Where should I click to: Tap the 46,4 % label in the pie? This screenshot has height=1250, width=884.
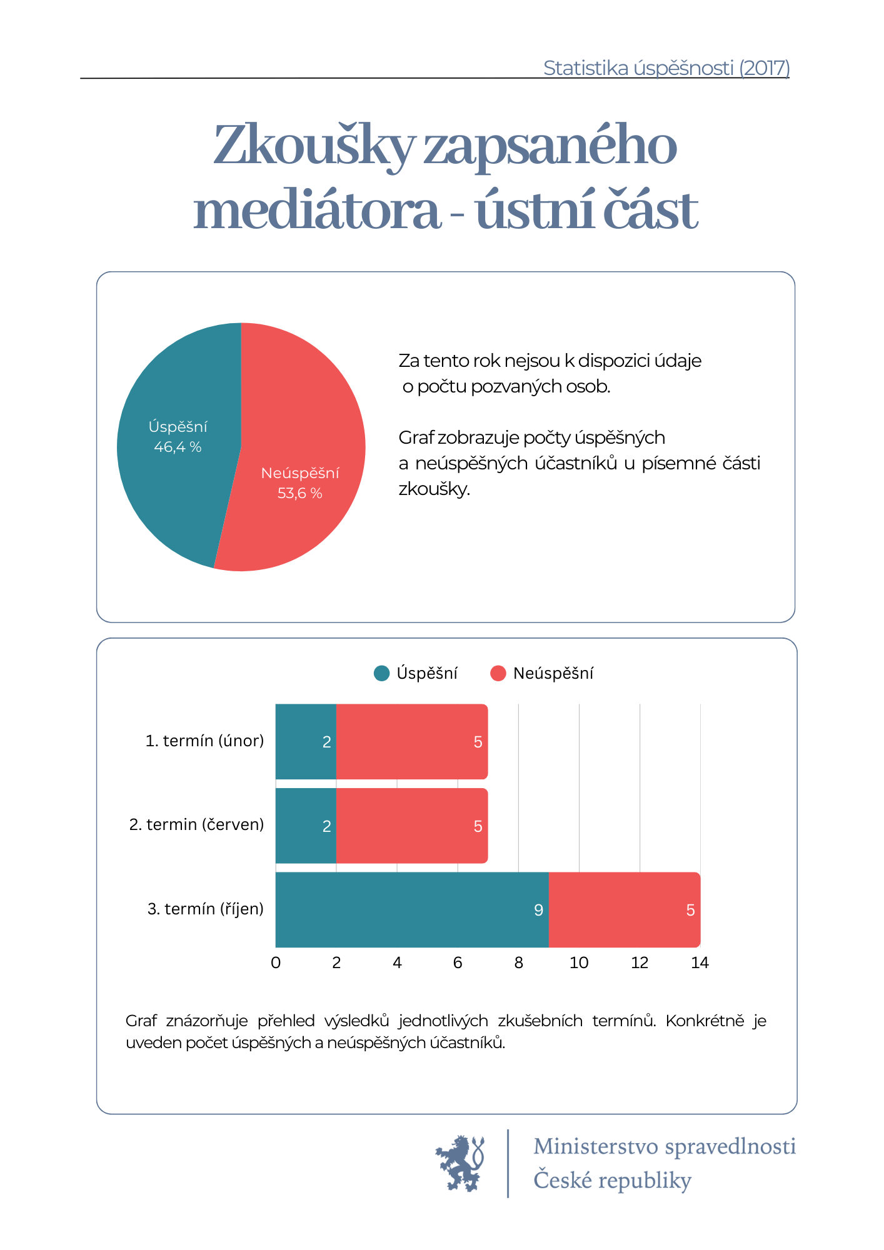coord(178,447)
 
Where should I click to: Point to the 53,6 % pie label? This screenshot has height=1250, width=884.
coord(300,493)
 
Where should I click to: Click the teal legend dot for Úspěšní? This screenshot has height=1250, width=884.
coord(381,673)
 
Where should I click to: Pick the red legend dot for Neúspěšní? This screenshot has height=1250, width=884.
coord(498,673)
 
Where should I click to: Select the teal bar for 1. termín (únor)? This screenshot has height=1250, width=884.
coord(306,742)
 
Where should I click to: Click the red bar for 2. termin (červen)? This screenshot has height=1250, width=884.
coord(412,826)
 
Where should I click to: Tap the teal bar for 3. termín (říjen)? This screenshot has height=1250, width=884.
coord(412,909)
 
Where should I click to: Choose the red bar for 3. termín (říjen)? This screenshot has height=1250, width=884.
coord(625,909)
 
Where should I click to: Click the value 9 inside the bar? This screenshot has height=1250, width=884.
coord(538,910)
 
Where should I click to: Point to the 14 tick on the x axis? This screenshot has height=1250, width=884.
coord(700,962)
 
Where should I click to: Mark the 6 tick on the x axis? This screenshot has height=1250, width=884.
coord(458,962)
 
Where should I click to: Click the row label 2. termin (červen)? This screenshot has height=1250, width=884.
coord(196,824)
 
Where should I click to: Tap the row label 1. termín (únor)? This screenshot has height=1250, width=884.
coord(204,741)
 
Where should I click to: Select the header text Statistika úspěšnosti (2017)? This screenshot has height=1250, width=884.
coord(666,67)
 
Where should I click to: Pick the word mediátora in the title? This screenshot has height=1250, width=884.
coord(317,211)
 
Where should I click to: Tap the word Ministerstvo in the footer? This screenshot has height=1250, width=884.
coord(596,1146)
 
